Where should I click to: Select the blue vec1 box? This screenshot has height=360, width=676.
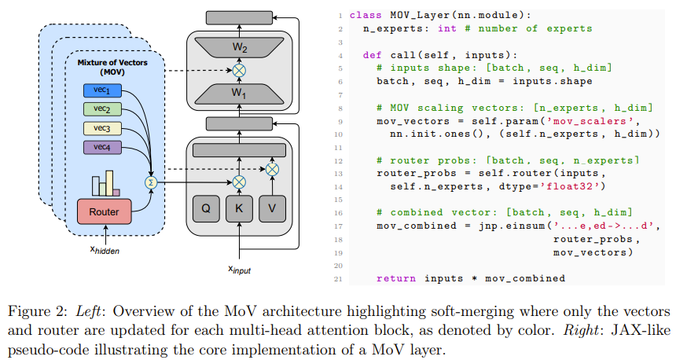click(102, 90)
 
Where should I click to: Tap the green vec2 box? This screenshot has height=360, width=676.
click(102, 108)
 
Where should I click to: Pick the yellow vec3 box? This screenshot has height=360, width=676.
click(102, 127)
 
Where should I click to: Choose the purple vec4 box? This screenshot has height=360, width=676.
click(102, 147)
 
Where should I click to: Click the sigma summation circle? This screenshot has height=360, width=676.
click(151, 182)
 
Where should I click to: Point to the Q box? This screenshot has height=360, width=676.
click(206, 208)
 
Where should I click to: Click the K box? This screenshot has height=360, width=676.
click(239, 208)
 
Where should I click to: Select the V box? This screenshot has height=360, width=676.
click(272, 208)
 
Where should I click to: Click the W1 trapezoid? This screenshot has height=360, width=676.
click(239, 93)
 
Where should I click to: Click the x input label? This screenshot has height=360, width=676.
click(239, 269)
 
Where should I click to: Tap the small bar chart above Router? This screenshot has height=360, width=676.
click(105, 184)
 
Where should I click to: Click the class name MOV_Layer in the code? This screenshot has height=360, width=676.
click(413, 15)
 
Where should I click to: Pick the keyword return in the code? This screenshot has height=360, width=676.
click(396, 278)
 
